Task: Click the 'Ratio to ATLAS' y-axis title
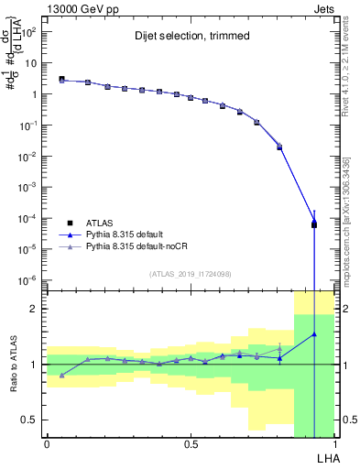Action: pos(14,365)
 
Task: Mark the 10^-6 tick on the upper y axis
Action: pos(27,280)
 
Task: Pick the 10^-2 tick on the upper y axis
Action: pos(27,157)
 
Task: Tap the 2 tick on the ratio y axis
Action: pos(34,309)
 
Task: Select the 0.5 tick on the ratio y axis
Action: pos(30,420)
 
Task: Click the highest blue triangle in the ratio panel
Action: pos(314,334)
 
